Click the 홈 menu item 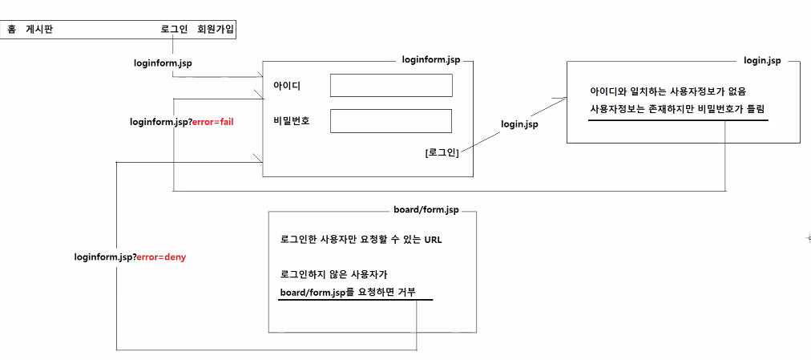[11, 30]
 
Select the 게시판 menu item [39, 30]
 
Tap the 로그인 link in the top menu [174, 30]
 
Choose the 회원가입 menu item [216, 30]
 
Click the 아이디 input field [391, 85]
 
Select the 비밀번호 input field [391, 121]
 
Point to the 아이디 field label [286, 85]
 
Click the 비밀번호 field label [291, 121]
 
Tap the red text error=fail [212, 123]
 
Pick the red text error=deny [161, 257]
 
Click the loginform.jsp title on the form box [431, 60]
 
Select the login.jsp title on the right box [763, 61]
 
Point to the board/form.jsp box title [426, 210]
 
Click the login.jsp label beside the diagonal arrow [519, 124]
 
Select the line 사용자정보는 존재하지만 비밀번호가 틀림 [678, 108]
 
